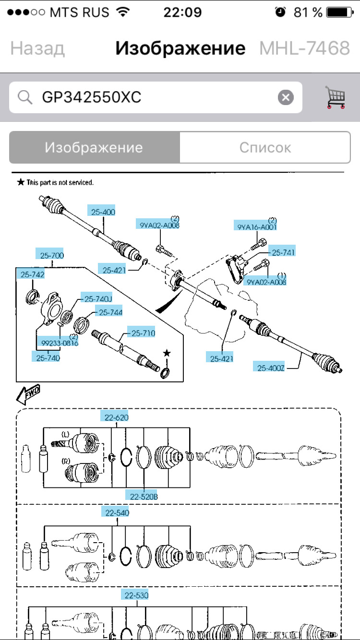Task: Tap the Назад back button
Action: pyautogui.click(x=37, y=48)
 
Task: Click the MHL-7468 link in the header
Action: pyautogui.click(x=304, y=48)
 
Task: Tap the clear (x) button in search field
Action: pyautogui.click(x=286, y=98)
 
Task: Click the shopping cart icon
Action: pyautogui.click(x=336, y=97)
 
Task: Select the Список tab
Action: pyautogui.click(x=265, y=147)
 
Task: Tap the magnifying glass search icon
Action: pyautogui.click(x=24, y=98)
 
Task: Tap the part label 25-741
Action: pyautogui.click(x=283, y=252)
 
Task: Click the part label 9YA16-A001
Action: pyautogui.click(x=257, y=226)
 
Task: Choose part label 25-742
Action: pyautogui.click(x=32, y=274)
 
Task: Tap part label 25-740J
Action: pyautogui.click(x=97, y=299)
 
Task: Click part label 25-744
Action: pyautogui.click(x=110, y=312)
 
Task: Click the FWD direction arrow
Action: pyautogui.click(x=28, y=394)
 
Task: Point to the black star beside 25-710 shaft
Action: pyautogui.click(x=167, y=353)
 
